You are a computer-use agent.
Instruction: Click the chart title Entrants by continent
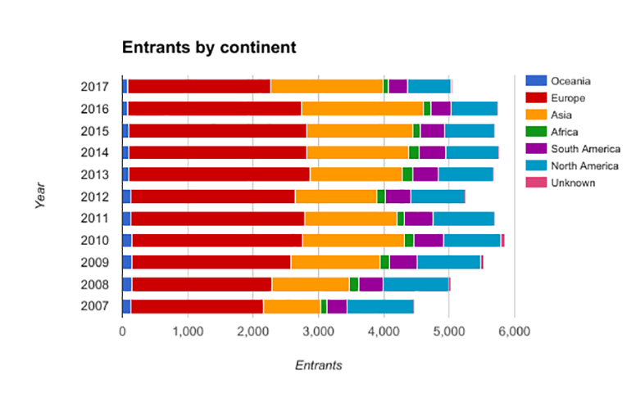tap(208, 47)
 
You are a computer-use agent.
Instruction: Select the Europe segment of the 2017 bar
tap(199, 87)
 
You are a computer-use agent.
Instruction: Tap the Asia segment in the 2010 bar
tap(353, 240)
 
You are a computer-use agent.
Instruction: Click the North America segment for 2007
tap(380, 306)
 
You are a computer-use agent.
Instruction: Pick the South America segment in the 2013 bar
tap(425, 174)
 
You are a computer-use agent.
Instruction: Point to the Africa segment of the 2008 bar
tap(354, 284)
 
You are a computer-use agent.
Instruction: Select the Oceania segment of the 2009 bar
tap(126, 262)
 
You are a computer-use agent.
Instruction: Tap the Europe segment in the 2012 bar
tap(213, 196)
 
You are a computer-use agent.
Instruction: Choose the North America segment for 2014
tap(472, 151)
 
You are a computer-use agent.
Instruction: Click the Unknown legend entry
tap(571, 183)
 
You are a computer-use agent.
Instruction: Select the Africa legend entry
tap(565, 131)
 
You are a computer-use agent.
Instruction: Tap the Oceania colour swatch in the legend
tap(535, 80)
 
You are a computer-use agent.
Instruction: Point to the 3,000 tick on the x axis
tap(318, 332)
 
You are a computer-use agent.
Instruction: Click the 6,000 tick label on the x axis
tap(514, 332)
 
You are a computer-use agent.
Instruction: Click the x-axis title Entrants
tap(319, 365)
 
